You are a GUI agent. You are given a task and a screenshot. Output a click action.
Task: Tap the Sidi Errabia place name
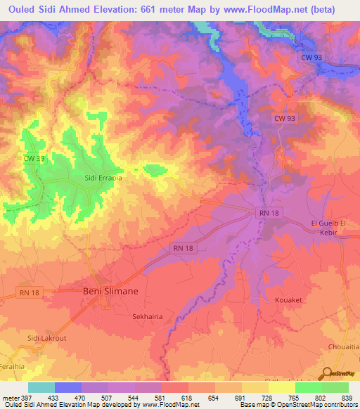(x=103, y=178)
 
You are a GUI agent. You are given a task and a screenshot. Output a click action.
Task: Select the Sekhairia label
(x=148, y=317)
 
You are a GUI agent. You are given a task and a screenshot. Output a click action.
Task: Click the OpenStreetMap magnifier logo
(x=328, y=374)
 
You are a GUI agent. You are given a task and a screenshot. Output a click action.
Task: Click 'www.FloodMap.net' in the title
(x=257, y=10)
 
